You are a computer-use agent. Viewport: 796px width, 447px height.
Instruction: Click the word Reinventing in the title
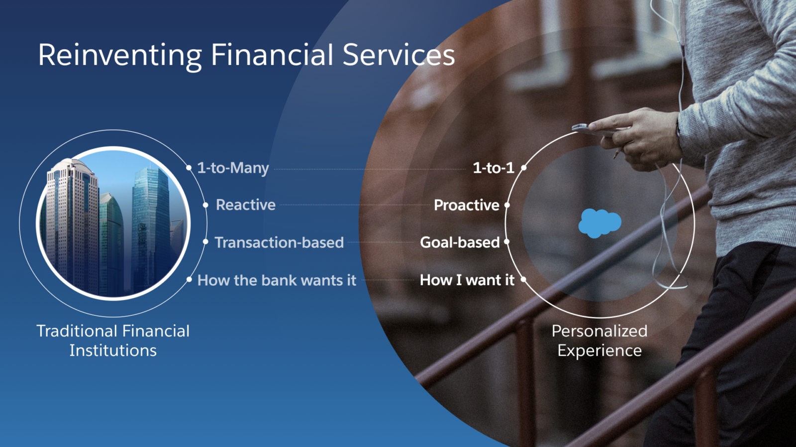120,56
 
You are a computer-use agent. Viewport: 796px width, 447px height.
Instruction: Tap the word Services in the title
398,55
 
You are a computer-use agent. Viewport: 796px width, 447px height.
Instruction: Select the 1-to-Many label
233,168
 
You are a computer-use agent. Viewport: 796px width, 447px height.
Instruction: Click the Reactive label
246,205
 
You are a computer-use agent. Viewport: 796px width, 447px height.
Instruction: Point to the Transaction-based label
279,243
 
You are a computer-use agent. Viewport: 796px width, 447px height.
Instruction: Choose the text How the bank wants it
277,280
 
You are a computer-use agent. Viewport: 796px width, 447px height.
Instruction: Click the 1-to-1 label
494,168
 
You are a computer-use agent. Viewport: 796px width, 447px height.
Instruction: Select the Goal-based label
460,243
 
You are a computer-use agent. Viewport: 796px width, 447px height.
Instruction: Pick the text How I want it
467,280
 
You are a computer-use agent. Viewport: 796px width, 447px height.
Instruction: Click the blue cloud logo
600,223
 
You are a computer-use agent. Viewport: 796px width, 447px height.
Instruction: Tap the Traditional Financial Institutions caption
113,341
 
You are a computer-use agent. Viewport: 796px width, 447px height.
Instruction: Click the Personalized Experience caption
599,341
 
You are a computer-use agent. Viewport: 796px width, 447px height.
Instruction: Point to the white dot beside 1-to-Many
189,168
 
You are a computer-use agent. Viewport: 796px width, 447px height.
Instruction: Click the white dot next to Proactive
507,205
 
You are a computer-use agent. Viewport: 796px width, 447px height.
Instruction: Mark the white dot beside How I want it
523,280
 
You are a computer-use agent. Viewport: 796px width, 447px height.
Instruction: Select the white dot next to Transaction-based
205,242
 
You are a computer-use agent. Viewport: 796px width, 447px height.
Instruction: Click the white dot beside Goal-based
507,242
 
